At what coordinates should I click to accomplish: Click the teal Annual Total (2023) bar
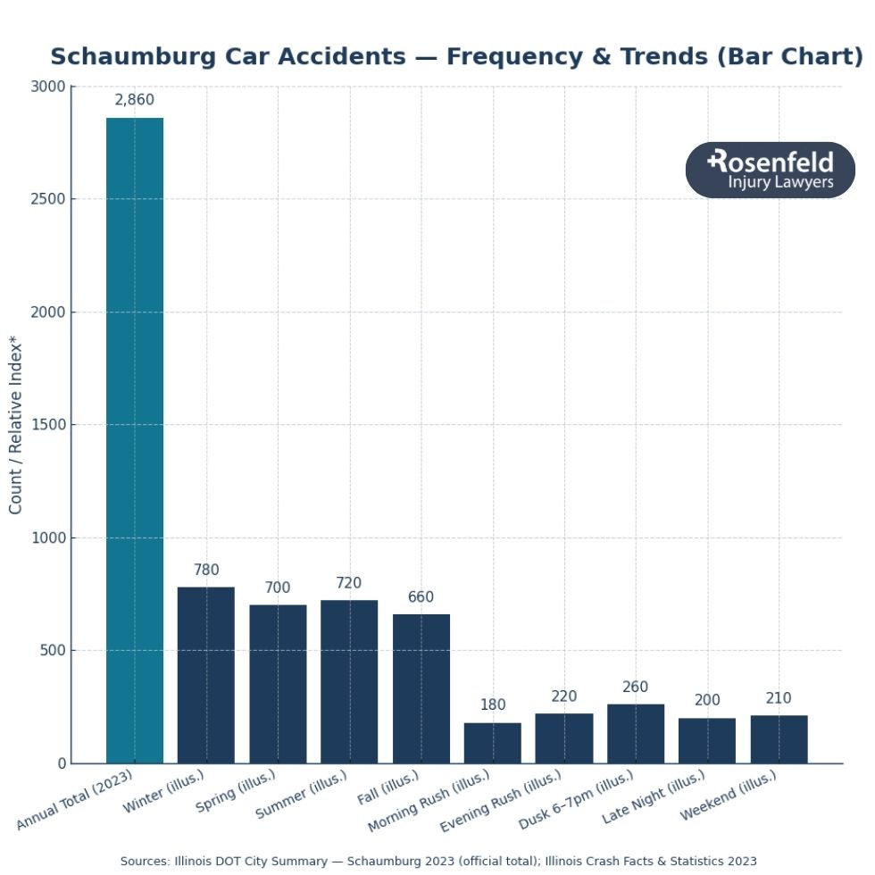(x=135, y=440)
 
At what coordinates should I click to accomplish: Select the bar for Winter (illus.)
(x=206, y=675)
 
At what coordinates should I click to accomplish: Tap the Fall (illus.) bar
(x=421, y=688)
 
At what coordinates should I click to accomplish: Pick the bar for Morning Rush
(x=493, y=743)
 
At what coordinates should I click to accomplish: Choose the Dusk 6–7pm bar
(x=636, y=734)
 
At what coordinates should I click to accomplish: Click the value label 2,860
(x=135, y=100)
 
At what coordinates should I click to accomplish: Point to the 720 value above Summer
(x=349, y=583)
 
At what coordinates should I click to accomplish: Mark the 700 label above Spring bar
(x=278, y=588)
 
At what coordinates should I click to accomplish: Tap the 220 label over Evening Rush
(x=564, y=696)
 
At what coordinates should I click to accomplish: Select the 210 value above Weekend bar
(x=779, y=698)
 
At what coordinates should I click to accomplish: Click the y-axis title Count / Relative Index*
(x=16, y=424)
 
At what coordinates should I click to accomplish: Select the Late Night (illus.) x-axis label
(x=654, y=796)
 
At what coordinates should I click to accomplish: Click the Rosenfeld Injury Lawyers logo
(x=771, y=170)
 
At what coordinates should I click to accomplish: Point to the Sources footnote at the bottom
(x=438, y=861)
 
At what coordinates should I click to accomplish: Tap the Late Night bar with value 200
(x=707, y=740)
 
